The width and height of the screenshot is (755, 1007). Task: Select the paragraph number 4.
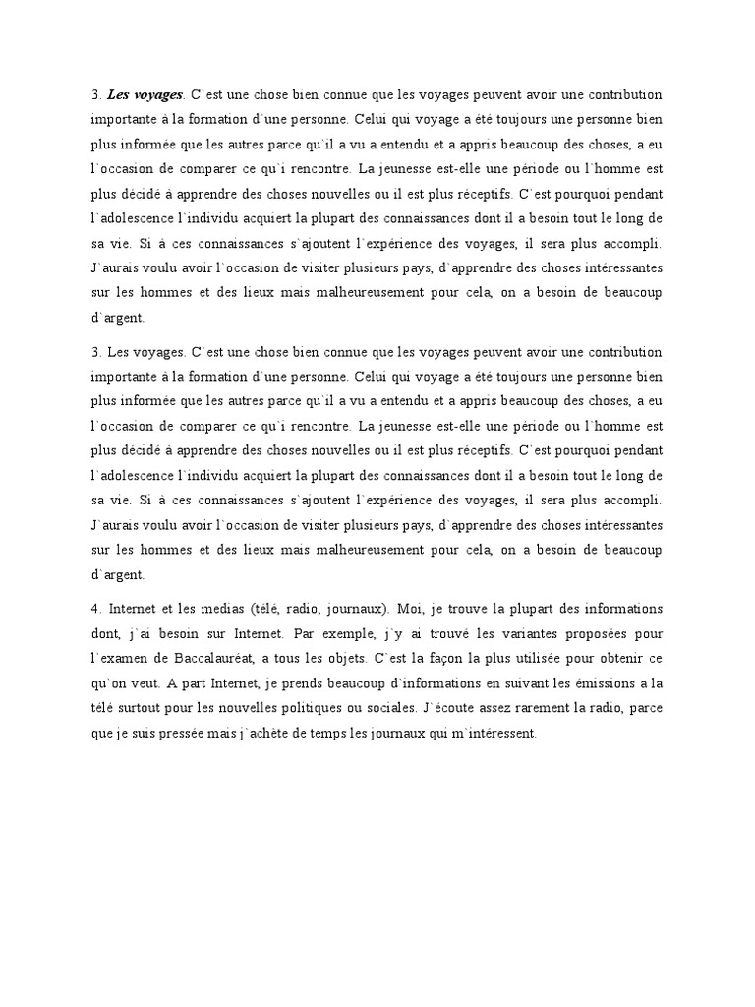point(95,608)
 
